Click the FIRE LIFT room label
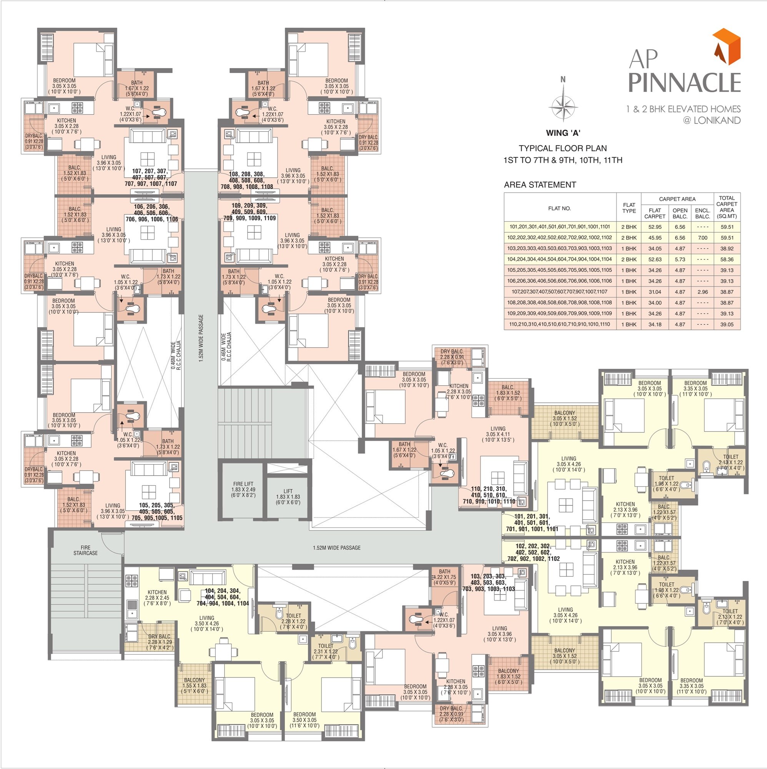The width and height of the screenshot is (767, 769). pyautogui.click(x=244, y=489)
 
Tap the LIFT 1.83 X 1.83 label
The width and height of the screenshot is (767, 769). pyautogui.click(x=288, y=497)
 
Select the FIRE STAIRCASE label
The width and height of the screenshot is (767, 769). pyautogui.click(x=85, y=550)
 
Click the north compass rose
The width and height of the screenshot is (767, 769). pyautogui.click(x=563, y=106)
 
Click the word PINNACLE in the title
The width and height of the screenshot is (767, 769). pyautogui.click(x=684, y=83)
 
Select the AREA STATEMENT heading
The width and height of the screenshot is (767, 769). pyautogui.click(x=539, y=185)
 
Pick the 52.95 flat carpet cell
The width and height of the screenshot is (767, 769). pyautogui.click(x=654, y=227)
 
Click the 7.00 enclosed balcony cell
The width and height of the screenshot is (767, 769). pyautogui.click(x=702, y=238)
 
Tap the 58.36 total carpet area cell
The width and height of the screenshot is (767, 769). pyautogui.click(x=726, y=260)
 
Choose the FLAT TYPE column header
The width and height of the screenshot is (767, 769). pyautogui.click(x=629, y=208)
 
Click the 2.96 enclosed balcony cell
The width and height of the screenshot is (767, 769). pyautogui.click(x=702, y=292)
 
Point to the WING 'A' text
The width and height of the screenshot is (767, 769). pyautogui.click(x=563, y=133)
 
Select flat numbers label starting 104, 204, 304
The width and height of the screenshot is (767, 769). pyautogui.click(x=223, y=597)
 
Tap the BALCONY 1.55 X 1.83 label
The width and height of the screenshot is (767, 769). pyautogui.click(x=194, y=686)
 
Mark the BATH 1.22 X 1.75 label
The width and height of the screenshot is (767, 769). pyautogui.click(x=444, y=574)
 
